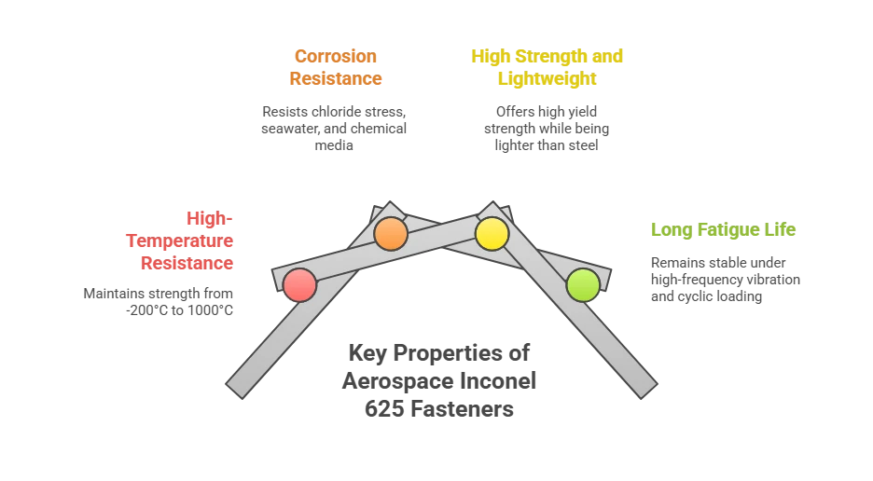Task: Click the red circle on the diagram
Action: coord(299,285)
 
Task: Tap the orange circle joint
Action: coord(391,234)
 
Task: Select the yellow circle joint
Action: coord(492,234)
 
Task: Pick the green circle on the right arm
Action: coord(583,285)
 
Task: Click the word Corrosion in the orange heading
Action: coord(336,56)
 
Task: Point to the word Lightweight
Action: coord(547,79)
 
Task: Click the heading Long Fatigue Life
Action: coord(723,229)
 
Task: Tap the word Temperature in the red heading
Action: coord(179,240)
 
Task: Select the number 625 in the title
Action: coord(384,409)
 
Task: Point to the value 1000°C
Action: coord(210,310)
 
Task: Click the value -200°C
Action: coord(147,310)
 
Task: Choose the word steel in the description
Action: coord(584,145)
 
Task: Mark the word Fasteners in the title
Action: coord(462,409)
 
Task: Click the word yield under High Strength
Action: coord(582,112)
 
